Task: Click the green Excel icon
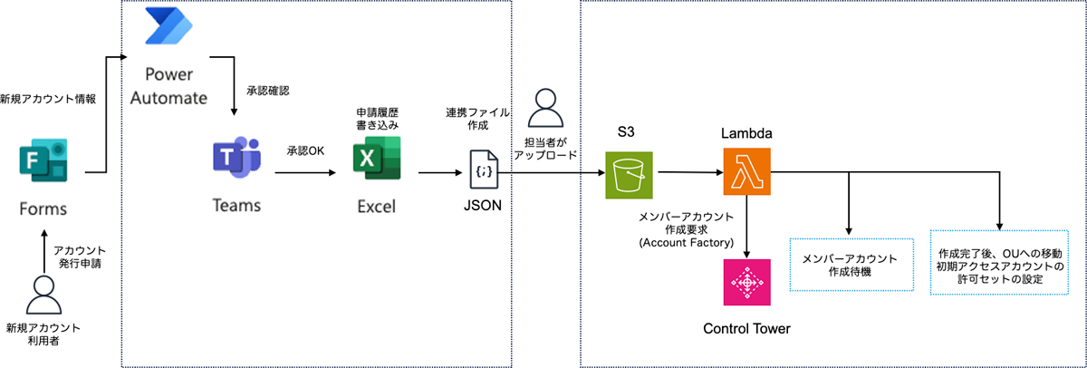click(x=376, y=160)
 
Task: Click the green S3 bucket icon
click(x=629, y=172)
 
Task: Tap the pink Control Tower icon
click(x=746, y=283)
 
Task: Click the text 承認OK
click(x=305, y=150)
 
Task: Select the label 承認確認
click(x=268, y=92)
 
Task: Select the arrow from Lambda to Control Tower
click(x=746, y=227)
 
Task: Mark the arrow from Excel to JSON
click(x=435, y=172)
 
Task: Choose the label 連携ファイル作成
click(x=477, y=119)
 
